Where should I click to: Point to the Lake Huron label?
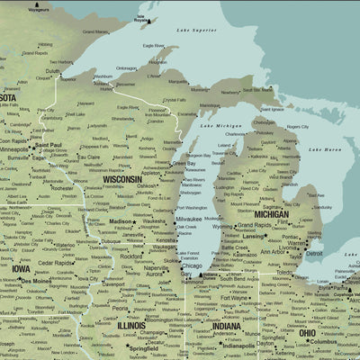click(x=325, y=148)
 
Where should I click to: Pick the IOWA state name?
click(x=21, y=268)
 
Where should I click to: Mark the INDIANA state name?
click(x=227, y=326)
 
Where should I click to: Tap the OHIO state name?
click(x=307, y=332)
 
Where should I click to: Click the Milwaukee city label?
click(x=189, y=219)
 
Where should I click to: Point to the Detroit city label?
click(x=314, y=253)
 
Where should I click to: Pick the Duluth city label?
click(x=53, y=71)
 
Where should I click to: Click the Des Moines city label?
click(x=36, y=280)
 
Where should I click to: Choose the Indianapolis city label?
click(x=238, y=346)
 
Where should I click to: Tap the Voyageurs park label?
click(x=40, y=10)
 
